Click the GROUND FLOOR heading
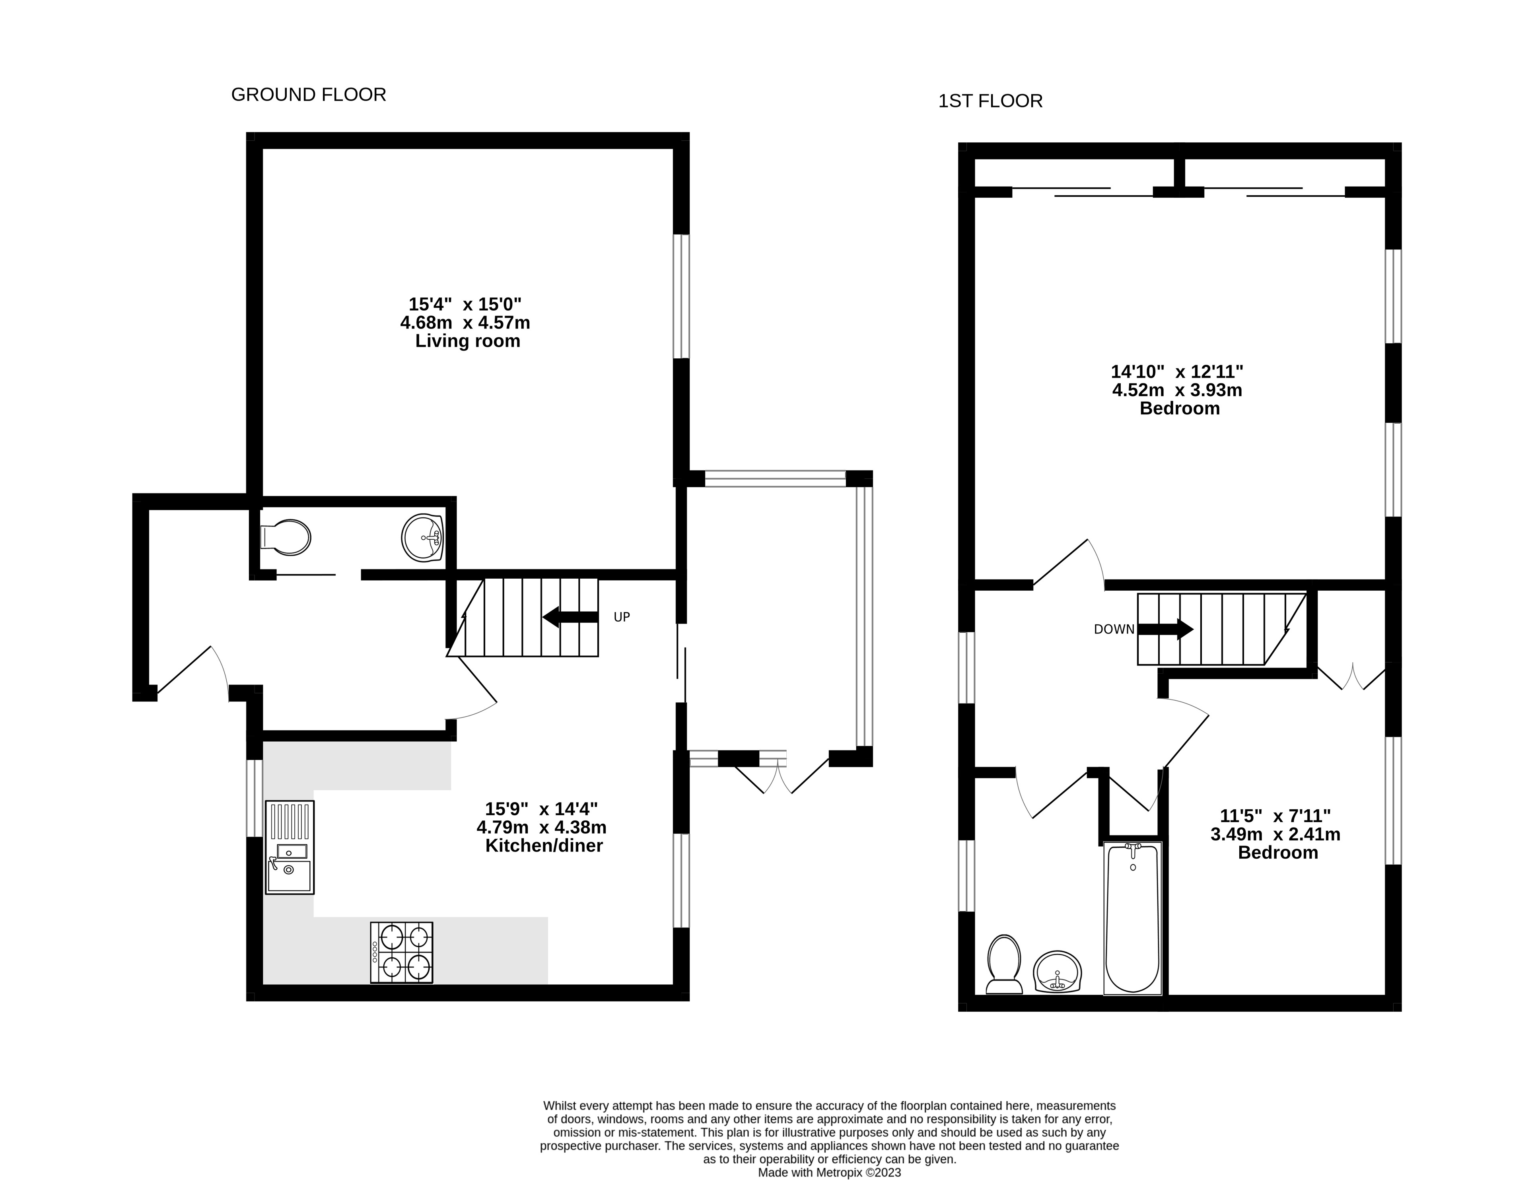pyautogui.click(x=308, y=95)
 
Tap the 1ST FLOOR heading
pyautogui.click(x=990, y=101)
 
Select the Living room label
pyautogui.click(x=468, y=341)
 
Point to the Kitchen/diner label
pyautogui.click(x=544, y=846)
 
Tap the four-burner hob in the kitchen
pyautogui.click(x=402, y=953)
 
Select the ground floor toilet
pyautogui.click(x=285, y=538)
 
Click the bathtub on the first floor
pyautogui.click(x=1133, y=918)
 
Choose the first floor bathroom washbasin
pyautogui.click(x=1058, y=972)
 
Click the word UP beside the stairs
pyautogui.click(x=622, y=617)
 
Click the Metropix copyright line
pyautogui.click(x=830, y=1173)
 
